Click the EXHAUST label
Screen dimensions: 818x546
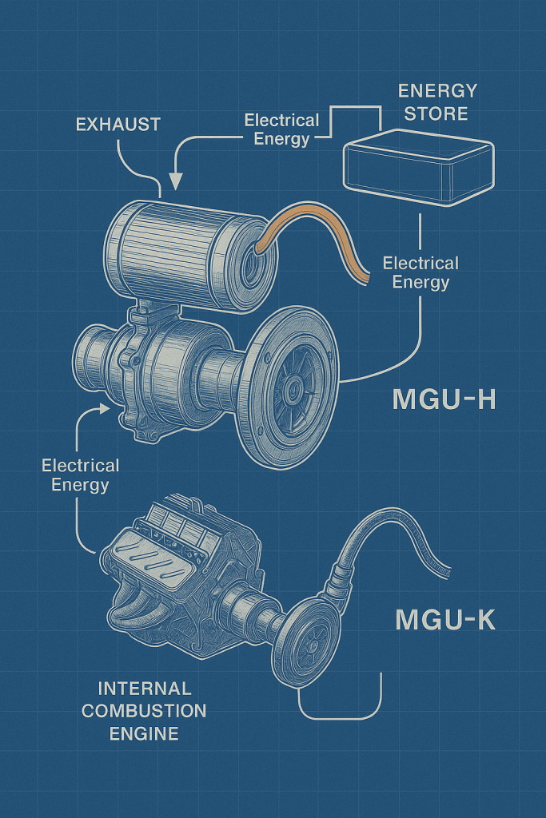(118, 124)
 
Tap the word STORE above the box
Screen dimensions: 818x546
(436, 113)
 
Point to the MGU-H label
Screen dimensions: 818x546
(444, 399)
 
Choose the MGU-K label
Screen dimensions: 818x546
(444, 619)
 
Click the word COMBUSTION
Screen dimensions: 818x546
(144, 710)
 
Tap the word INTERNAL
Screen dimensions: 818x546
(144, 689)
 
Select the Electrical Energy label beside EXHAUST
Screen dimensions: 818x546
(281, 129)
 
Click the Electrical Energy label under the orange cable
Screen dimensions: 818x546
(420, 272)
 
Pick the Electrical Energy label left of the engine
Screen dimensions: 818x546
(80, 475)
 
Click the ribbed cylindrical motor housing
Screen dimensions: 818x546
(176, 240)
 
